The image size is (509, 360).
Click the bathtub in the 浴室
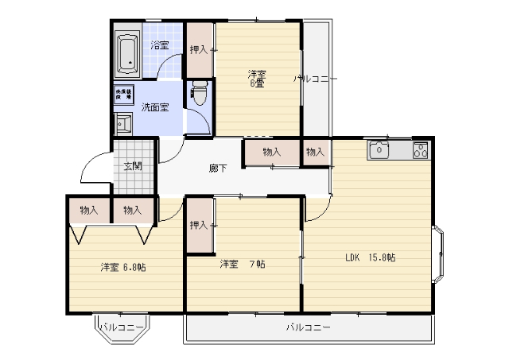click(127, 52)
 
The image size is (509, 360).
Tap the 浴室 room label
click(161, 45)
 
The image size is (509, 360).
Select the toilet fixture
click(199, 95)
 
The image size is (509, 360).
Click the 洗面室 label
click(154, 107)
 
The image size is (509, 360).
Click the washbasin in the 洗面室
click(123, 123)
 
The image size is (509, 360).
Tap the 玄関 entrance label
click(133, 166)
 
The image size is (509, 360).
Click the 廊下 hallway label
click(217, 168)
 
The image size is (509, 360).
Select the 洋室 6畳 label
click(256, 78)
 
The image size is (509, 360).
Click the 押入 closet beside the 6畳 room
click(199, 50)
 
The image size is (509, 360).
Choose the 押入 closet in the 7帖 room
click(199, 226)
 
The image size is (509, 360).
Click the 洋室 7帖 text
click(243, 263)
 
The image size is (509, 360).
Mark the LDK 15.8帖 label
click(370, 257)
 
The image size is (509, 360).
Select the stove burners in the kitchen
click(420, 149)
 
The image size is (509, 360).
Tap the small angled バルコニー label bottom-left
click(122, 327)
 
